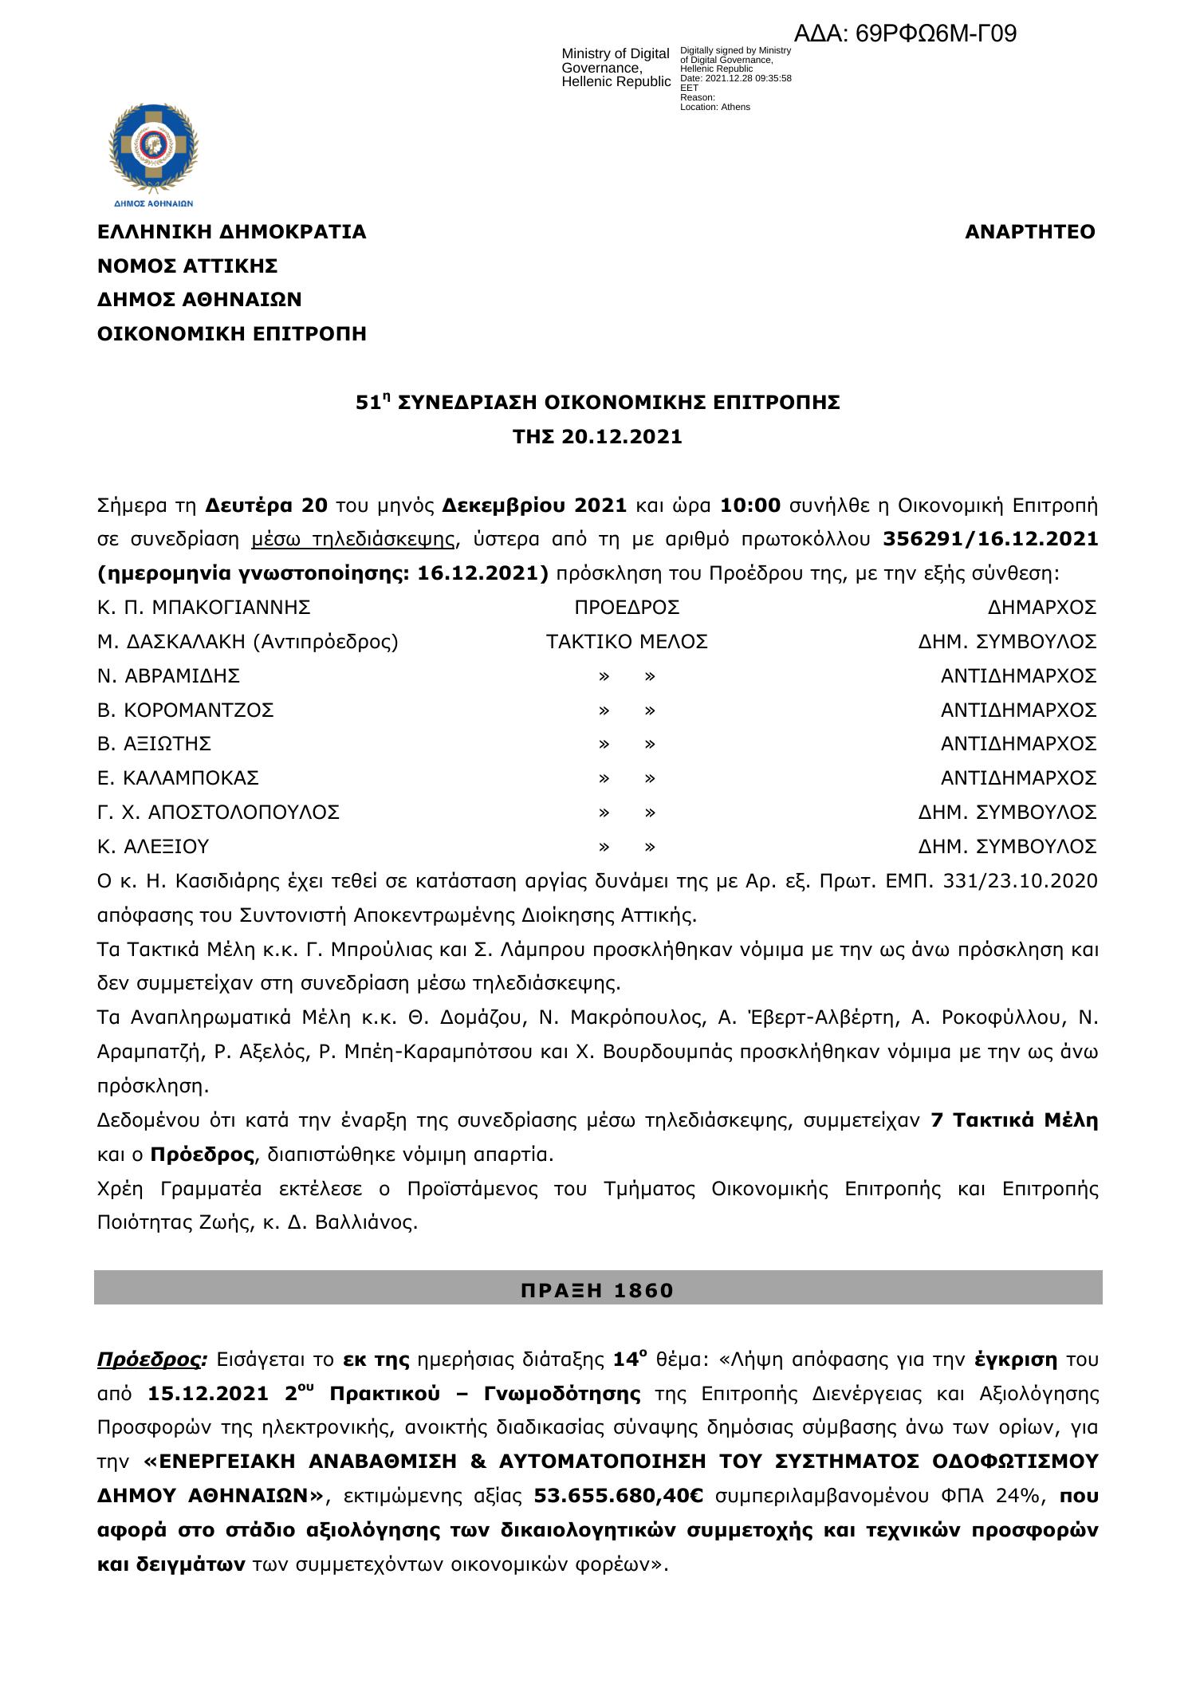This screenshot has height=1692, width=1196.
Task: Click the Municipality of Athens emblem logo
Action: [153, 152]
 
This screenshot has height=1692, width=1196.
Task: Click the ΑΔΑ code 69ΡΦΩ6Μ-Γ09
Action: [905, 34]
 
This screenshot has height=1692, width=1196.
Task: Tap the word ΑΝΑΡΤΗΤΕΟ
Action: [1029, 232]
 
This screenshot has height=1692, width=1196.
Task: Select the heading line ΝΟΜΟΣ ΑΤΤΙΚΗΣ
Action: [187, 266]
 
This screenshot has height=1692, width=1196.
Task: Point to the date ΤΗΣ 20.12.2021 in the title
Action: [597, 437]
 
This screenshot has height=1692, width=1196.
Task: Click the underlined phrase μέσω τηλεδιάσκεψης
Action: [353, 540]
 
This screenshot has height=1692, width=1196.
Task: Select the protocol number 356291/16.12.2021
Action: [990, 540]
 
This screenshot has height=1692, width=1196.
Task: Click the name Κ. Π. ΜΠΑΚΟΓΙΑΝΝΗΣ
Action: [204, 608]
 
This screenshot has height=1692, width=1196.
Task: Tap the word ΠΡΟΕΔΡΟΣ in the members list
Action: [627, 608]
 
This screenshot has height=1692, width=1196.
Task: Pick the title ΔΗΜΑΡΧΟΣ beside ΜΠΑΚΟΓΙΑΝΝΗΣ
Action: [1041, 608]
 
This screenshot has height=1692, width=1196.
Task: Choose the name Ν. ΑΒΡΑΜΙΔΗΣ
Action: [169, 676]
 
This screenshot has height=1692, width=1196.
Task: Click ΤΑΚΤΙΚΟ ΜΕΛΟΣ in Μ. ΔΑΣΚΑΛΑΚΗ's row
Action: [627, 642]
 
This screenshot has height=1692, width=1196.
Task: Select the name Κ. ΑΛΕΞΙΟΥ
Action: [153, 846]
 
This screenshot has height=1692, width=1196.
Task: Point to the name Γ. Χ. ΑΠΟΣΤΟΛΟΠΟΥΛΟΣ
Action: [218, 813]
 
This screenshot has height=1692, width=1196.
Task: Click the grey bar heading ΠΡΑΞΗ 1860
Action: [597, 1290]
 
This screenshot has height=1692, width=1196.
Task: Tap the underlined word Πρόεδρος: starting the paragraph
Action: [151, 1360]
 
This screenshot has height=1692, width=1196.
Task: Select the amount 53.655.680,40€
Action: [618, 1497]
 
